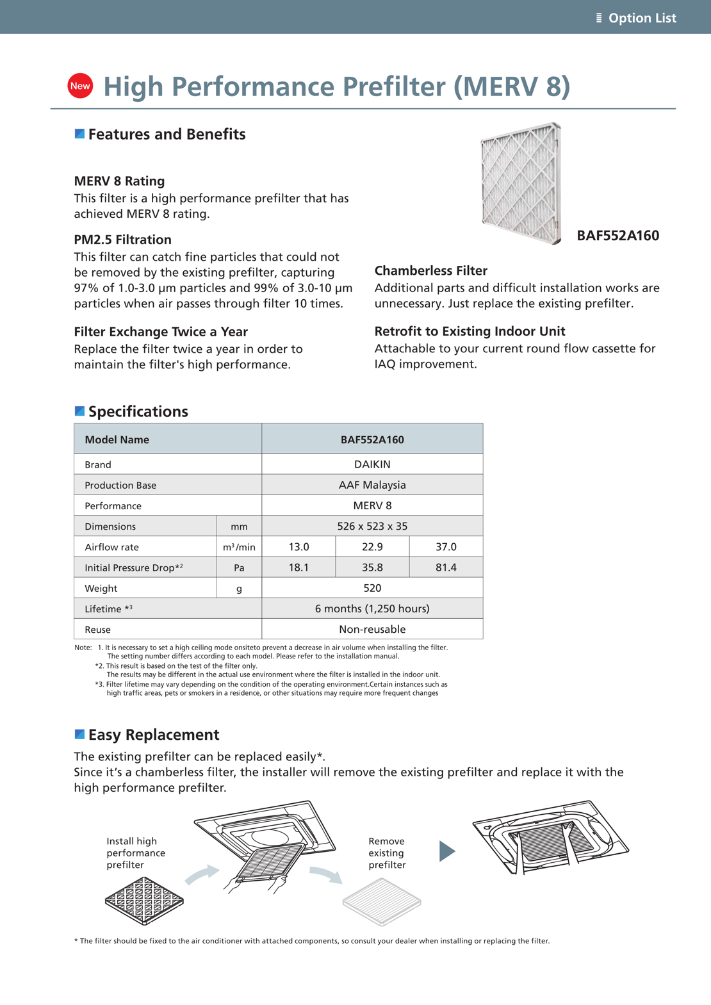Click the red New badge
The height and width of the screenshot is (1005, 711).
[x=80, y=86]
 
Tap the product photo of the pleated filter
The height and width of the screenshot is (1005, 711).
[x=521, y=183]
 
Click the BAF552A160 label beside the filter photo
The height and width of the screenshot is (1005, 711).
[x=617, y=236]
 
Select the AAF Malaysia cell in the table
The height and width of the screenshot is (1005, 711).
[x=372, y=485]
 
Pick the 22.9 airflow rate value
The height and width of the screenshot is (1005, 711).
[x=372, y=546]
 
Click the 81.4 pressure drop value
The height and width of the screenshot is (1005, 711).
[x=446, y=568]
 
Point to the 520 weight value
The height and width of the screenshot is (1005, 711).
[x=372, y=588]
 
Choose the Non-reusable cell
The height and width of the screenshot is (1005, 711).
[x=372, y=629]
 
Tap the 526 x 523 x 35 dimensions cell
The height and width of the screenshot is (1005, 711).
[x=372, y=526]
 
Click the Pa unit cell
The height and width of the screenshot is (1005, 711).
[x=239, y=568]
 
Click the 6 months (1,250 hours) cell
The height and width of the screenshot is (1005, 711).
[x=372, y=609]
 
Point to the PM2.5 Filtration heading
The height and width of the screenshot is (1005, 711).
[x=122, y=240]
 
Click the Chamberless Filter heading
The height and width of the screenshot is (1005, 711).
[x=431, y=271]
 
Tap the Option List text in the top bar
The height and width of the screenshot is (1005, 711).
[x=642, y=18]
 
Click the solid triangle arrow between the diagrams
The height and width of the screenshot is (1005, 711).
[x=447, y=851]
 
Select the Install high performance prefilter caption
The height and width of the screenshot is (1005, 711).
[x=136, y=853]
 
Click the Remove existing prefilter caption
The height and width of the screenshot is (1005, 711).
[x=387, y=853]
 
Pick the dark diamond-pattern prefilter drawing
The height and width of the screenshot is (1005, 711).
[x=144, y=901]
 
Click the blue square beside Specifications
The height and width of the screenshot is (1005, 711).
[x=79, y=411]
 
